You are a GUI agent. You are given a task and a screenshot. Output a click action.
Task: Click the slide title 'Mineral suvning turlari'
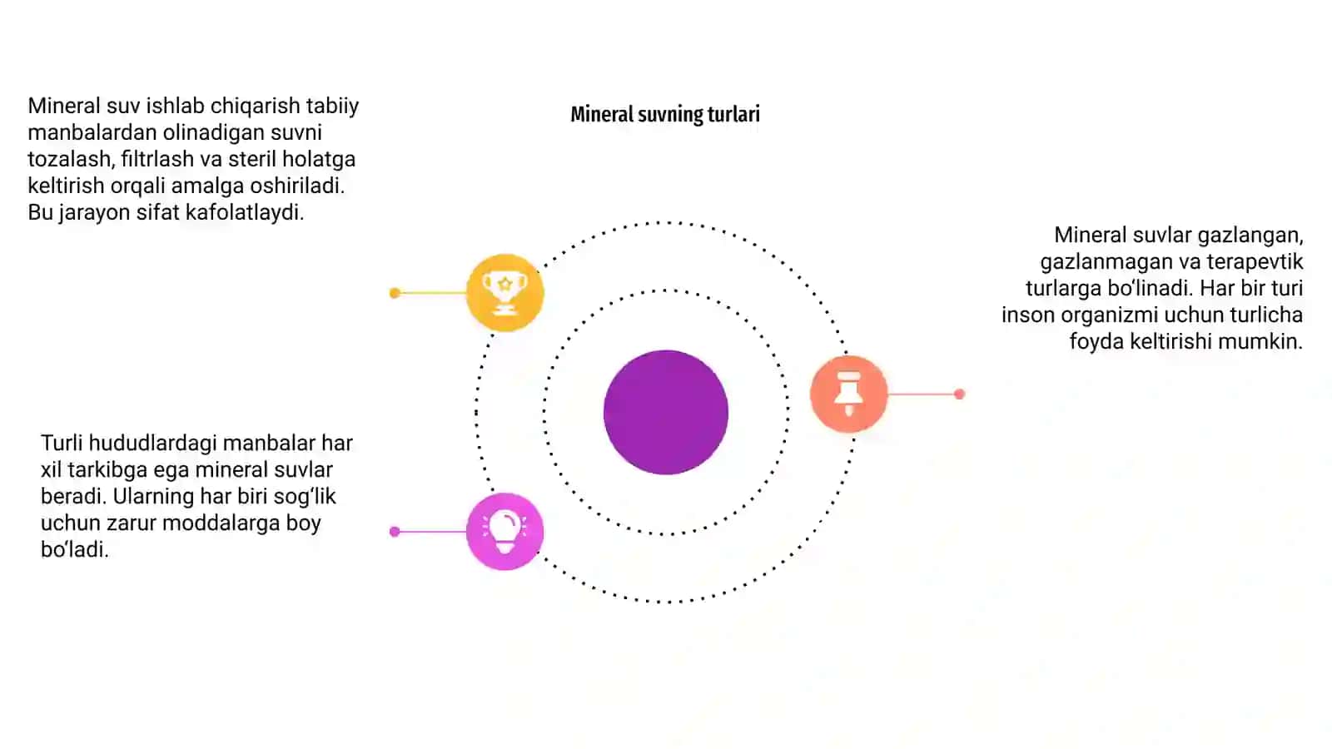(x=665, y=115)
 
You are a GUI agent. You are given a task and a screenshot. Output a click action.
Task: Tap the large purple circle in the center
(x=666, y=412)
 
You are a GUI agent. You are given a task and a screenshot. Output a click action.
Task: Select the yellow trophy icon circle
(x=504, y=292)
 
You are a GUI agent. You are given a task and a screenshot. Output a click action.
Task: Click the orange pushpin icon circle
(x=848, y=394)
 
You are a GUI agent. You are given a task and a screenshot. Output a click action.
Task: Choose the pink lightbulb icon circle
(x=504, y=532)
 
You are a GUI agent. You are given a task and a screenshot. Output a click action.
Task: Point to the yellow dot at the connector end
(x=395, y=293)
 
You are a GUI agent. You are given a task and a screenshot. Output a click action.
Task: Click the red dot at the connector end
(x=959, y=394)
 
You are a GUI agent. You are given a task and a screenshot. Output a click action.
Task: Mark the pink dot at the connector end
(x=395, y=532)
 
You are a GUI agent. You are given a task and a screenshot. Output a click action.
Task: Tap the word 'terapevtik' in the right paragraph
(x=1255, y=261)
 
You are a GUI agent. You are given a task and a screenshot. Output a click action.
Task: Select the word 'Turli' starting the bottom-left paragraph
(x=62, y=444)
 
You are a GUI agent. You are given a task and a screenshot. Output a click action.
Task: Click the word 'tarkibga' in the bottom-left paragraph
(x=107, y=470)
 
